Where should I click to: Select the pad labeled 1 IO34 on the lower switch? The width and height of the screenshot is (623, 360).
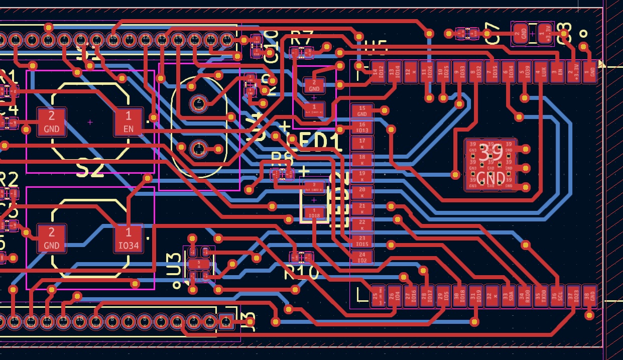[x=129, y=238]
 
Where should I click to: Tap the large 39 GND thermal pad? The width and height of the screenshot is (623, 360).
[x=490, y=165]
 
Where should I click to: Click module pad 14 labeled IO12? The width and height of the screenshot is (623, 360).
[x=378, y=72]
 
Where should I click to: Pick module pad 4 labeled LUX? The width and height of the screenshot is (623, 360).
[x=541, y=72]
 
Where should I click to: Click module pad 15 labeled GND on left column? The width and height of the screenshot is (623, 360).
[x=362, y=111]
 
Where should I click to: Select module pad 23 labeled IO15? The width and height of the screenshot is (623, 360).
[x=362, y=241]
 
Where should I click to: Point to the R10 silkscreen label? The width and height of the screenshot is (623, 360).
[x=301, y=273]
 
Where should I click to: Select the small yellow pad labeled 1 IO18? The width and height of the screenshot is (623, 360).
[x=314, y=213]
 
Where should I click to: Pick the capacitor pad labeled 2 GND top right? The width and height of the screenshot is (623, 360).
[x=521, y=33]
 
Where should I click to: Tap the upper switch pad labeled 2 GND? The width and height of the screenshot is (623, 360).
[x=51, y=122]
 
